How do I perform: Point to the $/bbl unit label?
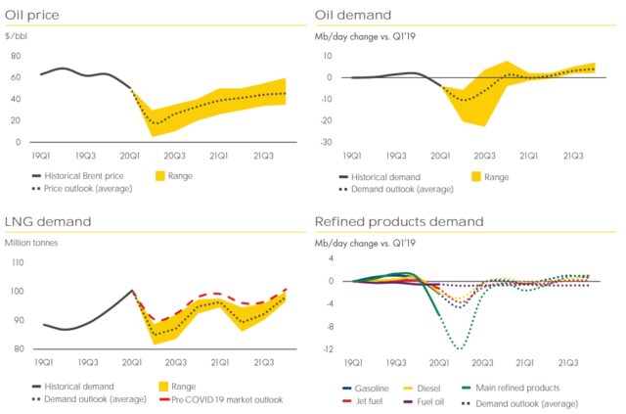coord(16,35)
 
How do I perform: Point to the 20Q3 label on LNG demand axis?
coord(175,361)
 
